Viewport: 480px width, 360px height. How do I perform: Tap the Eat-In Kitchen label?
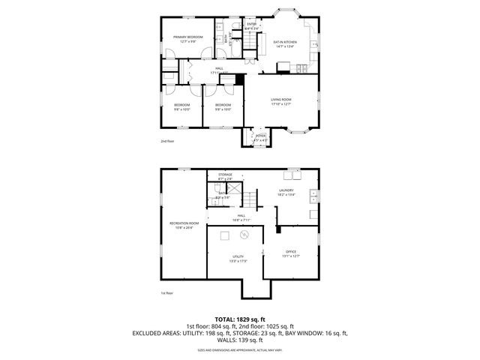point(284,43)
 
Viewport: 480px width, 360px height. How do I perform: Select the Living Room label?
point(281,101)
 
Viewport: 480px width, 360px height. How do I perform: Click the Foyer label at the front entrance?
point(259,138)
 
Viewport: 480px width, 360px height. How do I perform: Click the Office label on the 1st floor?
point(291,253)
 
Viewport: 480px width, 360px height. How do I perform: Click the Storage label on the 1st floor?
point(225,176)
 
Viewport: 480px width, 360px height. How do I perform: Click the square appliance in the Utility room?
point(223,236)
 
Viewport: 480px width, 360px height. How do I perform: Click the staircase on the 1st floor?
point(248,200)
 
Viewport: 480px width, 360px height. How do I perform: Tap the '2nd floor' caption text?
point(166,141)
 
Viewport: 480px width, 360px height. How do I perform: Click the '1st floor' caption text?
point(166,293)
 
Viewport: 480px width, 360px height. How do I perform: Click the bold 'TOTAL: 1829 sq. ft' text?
point(240,319)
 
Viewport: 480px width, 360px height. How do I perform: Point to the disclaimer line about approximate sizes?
point(240,349)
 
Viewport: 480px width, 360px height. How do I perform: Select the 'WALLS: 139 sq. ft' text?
point(240,340)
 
